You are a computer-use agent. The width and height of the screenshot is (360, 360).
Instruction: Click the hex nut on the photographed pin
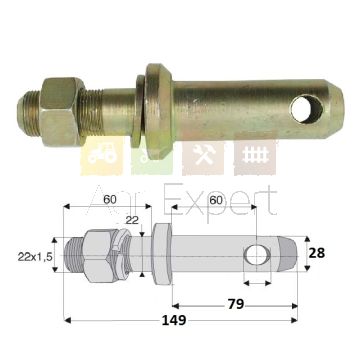tap(61, 112)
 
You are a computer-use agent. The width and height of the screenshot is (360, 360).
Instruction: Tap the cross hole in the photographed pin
tap(306, 109)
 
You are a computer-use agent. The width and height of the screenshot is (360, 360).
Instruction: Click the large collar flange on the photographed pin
tap(159, 112)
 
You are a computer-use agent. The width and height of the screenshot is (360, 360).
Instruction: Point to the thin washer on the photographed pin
tap(138, 111)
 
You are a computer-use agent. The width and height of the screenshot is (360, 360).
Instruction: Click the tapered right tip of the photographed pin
tap(335, 109)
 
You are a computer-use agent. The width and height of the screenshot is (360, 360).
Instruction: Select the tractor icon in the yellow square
tap(102, 156)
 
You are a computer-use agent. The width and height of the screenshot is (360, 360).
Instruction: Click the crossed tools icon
tap(204, 154)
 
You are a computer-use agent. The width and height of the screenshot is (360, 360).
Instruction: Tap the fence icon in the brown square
tap(256, 156)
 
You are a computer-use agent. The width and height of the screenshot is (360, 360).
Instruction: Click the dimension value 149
tap(173, 320)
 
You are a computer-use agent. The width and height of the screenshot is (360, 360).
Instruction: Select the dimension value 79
tap(236, 304)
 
